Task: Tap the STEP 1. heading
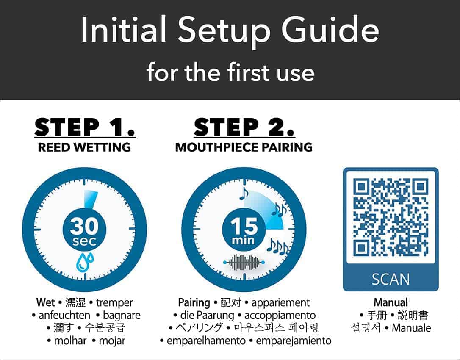point(85,127)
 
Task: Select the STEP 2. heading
point(244,127)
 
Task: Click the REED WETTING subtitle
point(84,147)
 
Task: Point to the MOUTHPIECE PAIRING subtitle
point(244,147)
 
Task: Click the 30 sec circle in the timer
point(84,230)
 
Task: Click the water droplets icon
point(85,261)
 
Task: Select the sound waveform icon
point(244,262)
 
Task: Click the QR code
point(391,217)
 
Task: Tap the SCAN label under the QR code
point(391,279)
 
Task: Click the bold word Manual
point(391,302)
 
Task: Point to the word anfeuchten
point(64,316)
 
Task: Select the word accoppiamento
point(280,316)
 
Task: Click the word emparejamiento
point(294,341)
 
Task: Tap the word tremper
point(114,302)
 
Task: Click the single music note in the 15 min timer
point(244,194)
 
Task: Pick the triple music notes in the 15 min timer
point(277,247)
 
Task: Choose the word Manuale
point(411,328)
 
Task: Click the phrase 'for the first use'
point(230,73)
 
